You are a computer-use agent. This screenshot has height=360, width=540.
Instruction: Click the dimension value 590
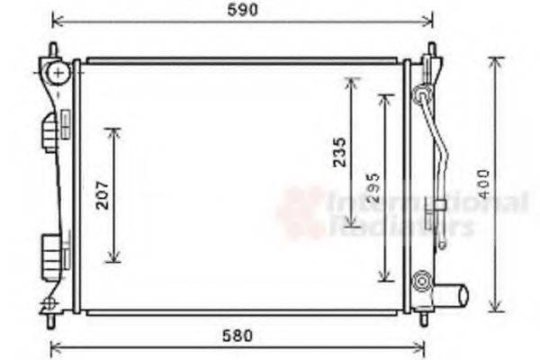point(242,10)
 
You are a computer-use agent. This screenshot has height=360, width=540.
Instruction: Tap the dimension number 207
point(103,195)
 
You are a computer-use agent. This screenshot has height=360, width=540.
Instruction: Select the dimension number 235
point(338,153)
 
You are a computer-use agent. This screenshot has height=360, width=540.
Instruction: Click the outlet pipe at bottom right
point(452,294)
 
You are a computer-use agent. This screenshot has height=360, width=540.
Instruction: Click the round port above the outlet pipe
point(420,282)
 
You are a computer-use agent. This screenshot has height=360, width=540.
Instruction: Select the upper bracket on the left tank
point(49,133)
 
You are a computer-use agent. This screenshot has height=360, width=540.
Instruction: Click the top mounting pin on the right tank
point(431,49)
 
